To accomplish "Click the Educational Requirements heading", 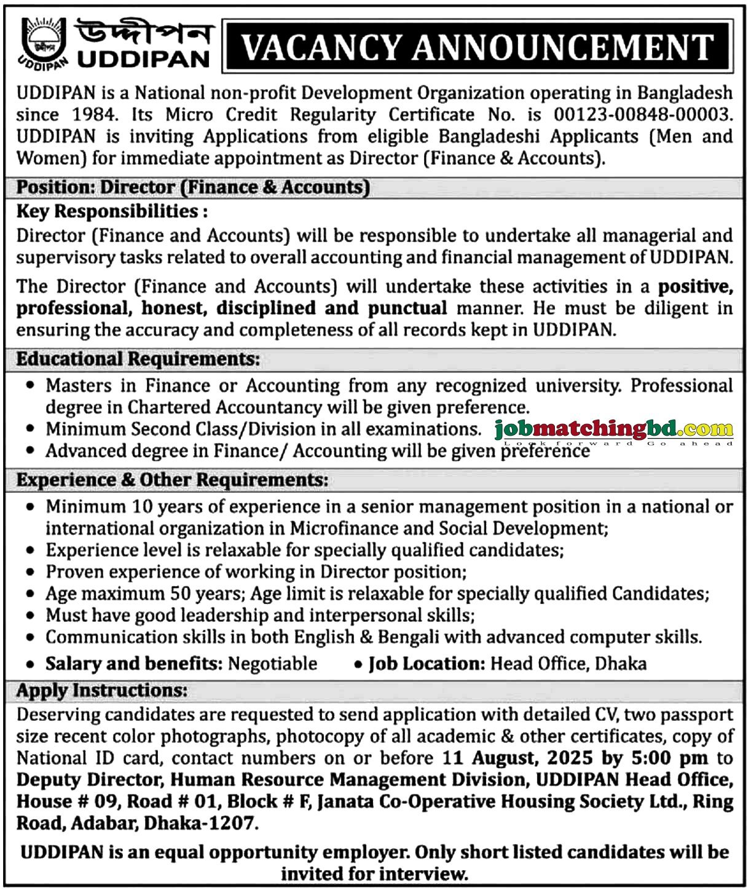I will click(138, 359).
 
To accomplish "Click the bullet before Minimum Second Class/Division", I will click(29, 430).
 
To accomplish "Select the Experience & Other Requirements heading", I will click(172, 480).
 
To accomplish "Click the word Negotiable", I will click(272, 664).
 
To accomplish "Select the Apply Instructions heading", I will click(101, 691).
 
